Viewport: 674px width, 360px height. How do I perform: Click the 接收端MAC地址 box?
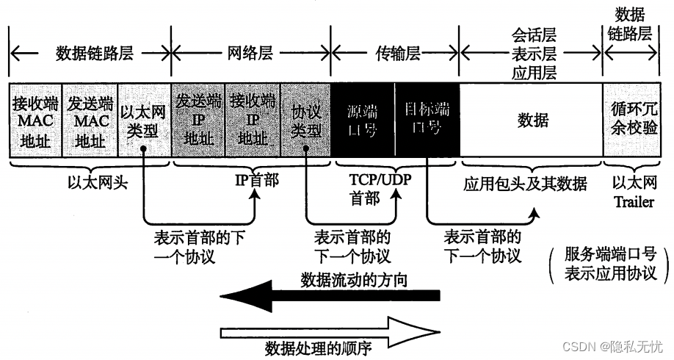(36, 119)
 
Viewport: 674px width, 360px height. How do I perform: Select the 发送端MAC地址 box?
(90, 119)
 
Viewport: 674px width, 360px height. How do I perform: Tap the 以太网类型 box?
(144, 119)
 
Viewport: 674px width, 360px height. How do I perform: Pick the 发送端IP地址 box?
(198, 119)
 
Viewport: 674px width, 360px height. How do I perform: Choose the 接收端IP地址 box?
(252, 119)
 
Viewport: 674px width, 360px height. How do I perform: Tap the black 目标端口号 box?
(427, 119)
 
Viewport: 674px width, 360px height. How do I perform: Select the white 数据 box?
(532, 119)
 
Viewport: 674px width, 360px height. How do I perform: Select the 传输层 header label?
(396, 53)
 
